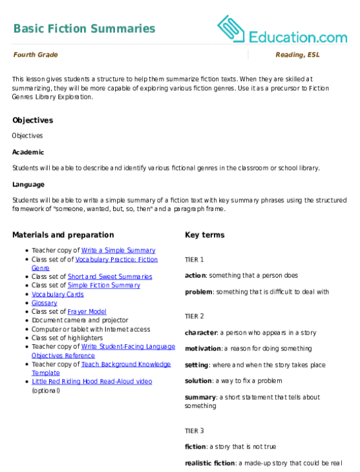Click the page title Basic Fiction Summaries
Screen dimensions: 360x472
click(85, 28)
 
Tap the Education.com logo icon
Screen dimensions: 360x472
click(231, 28)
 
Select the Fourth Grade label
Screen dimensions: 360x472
click(36, 55)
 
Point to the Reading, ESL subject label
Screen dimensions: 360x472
click(297, 55)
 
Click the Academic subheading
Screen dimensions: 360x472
click(28, 152)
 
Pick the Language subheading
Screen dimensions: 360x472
click(28, 185)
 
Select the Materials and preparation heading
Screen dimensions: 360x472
click(63, 235)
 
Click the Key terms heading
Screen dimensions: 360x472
click(205, 235)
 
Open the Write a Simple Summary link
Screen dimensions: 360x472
click(118, 251)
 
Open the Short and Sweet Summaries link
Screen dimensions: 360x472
click(110, 276)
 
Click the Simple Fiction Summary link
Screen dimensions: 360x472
click(104, 285)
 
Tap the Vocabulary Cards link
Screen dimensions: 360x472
click(58, 294)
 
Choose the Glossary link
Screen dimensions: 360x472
click(45, 303)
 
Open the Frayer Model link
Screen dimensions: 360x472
click(87, 312)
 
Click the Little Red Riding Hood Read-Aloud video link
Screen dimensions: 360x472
click(92, 382)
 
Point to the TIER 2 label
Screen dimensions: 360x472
click(195, 316)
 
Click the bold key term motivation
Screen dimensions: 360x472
click(203, 349)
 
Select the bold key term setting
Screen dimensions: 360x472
click(196, 365)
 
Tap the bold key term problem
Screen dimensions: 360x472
click(198, 292)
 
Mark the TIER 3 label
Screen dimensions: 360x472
click(195, 431)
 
